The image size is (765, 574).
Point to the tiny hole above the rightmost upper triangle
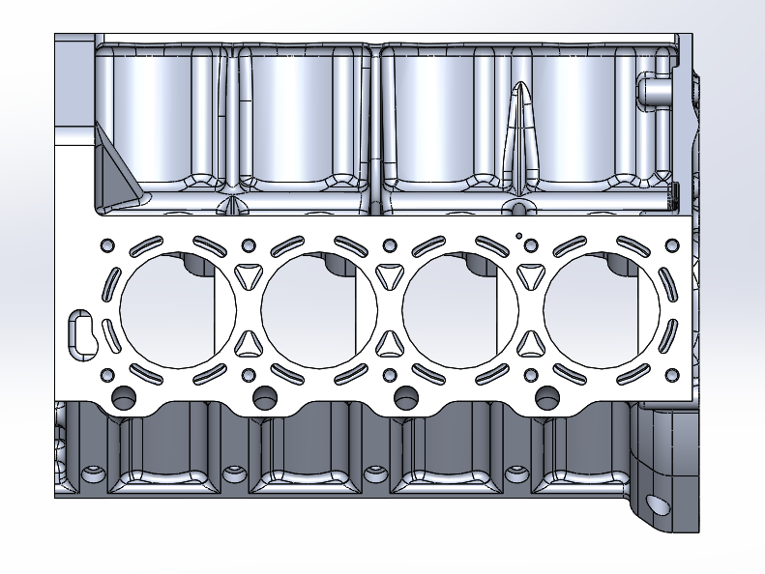point(519,235)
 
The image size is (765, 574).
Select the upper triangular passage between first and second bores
point(248,274)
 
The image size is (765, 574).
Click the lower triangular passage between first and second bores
point(248,344)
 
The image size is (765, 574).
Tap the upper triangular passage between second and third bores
point(390,274)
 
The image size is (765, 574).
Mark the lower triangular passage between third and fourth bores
point(530,344)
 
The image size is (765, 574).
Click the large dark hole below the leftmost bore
point(124,395)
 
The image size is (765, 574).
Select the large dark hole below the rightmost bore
point(546,395)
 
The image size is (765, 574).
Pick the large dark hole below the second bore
point(264,395)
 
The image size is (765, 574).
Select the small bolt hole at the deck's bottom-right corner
point(673,375)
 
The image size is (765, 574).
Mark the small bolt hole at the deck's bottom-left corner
point(106,375)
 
